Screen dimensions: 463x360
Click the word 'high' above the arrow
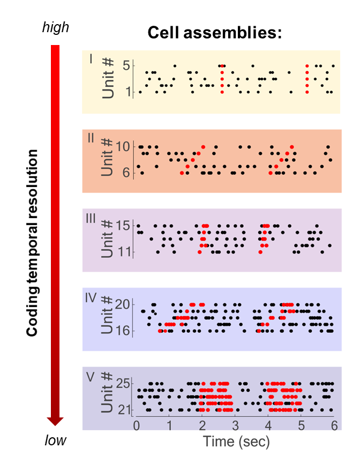point(56,27)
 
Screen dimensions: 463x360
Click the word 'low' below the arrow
point(56,440)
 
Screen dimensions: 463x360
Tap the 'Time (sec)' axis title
point(235,442)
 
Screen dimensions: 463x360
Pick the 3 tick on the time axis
point(235,424)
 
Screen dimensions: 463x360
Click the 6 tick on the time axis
point(333,424)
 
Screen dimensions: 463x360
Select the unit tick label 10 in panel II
point(123,146)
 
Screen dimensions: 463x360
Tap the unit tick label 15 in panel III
point(123,225)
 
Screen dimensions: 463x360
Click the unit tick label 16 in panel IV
point(123,331)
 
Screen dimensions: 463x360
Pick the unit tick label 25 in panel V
point(123,384)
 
